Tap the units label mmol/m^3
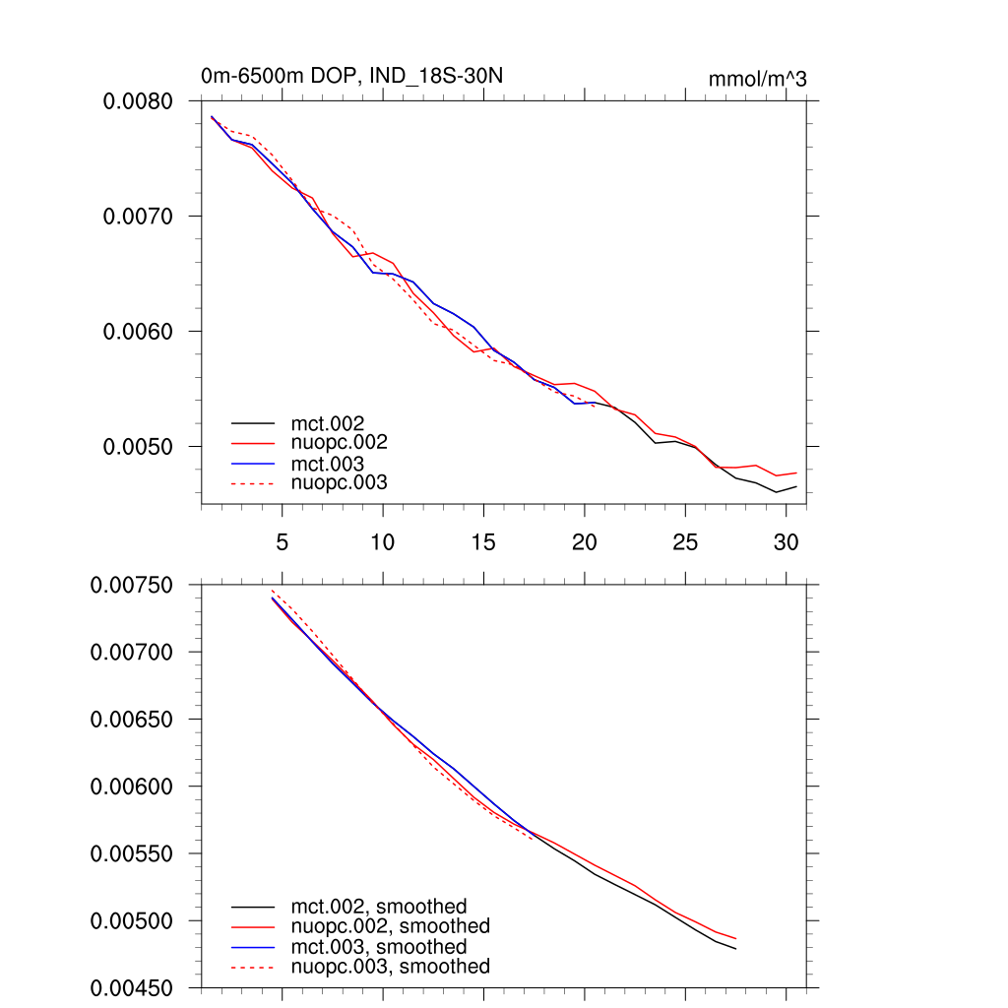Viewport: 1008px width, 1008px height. tap(757, 79)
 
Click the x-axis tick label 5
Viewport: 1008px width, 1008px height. tap(283, 542)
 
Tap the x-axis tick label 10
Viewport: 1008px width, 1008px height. tap(383, 542)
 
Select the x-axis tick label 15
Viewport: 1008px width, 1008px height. tap(483, 542)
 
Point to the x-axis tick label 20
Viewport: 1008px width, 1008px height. tap(585, 542)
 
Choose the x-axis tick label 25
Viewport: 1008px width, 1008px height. tap(685, 542)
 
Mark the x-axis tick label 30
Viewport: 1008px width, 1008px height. tap(786, 542)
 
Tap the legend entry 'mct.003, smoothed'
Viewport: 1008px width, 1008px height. tap(379, 947)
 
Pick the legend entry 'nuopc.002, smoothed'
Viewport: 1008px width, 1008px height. tap(390, 926)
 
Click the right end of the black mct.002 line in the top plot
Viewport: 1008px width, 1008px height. tap(796, 486)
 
